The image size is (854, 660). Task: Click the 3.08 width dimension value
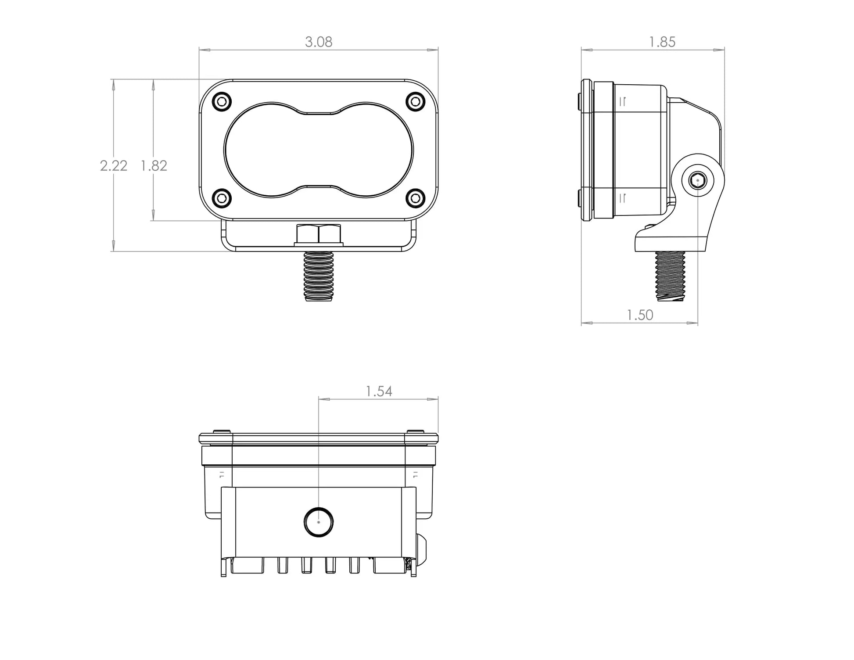coord(319,42)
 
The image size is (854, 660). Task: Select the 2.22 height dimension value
coord(113,166)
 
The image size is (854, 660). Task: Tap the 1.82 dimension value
coord(154,166)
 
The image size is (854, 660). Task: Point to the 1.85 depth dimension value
coord(662,42)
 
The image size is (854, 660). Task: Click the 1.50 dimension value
coord(639,315)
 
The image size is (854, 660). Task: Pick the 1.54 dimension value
coord(379,391)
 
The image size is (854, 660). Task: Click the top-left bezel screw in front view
coord(222,102)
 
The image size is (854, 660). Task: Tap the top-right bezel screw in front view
coord(415,102)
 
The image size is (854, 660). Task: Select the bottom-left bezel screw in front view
coord(222,198)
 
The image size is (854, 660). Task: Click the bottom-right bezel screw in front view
coord(415,198)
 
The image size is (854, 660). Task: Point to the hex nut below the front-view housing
coord(319,235)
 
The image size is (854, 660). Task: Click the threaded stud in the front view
coord(319,276)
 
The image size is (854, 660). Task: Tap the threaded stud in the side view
coord(670,276)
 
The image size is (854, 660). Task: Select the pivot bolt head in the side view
coord(697,180)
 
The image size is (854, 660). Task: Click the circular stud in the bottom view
coord(319,522)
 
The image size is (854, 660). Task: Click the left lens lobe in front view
coord(263,150)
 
